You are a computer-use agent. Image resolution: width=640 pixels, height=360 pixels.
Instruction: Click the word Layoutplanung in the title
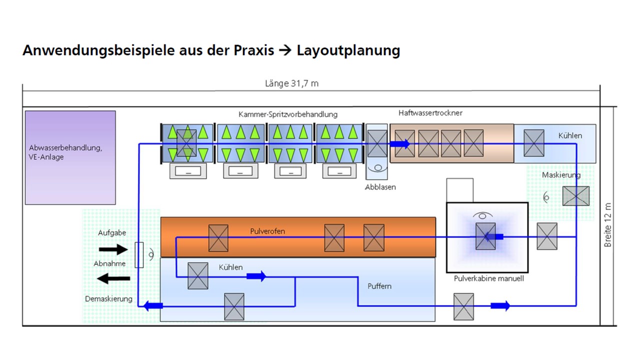tap(348, 50)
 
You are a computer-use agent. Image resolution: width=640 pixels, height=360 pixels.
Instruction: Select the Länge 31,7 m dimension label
tap(291, 83)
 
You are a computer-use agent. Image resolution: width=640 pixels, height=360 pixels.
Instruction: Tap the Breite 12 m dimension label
tap(607, 225)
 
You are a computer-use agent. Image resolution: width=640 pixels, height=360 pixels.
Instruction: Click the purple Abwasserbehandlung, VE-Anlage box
tap(70, 157)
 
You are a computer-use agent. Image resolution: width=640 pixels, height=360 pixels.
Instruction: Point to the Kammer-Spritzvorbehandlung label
tap(288, 114)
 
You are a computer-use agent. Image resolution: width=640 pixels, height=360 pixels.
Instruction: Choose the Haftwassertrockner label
tap(430, 113)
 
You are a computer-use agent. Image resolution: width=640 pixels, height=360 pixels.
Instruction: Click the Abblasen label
tap(380, 187)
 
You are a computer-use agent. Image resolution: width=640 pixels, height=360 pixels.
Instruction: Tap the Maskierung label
tap(561, 175)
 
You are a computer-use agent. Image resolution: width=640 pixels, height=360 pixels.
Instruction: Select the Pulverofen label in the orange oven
tap(267, 231)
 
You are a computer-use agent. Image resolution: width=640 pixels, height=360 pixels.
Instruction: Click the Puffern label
tap(379, 286)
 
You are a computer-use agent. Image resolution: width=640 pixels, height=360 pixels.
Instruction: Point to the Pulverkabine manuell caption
tap(489, 278)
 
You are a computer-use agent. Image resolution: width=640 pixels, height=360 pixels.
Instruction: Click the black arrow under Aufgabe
tap(113, 249)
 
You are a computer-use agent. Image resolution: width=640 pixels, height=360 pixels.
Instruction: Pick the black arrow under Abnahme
tap(113, 278)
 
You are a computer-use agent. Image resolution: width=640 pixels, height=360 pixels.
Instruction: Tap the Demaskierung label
tap(108, 299)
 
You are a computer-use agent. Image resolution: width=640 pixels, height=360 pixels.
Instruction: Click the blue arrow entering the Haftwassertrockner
tap(399, 143)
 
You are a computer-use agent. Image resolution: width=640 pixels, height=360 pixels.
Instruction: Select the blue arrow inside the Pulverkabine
tap(493, 236)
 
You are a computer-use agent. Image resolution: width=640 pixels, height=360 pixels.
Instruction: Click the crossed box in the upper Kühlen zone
tap(533, 143)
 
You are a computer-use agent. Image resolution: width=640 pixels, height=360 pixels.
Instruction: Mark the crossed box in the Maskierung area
tap(575, 196)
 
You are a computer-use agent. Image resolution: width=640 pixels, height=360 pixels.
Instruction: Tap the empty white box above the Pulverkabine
tap(459, 190)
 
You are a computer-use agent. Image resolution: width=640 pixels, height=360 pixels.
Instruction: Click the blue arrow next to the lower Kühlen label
tap(256, 276)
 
